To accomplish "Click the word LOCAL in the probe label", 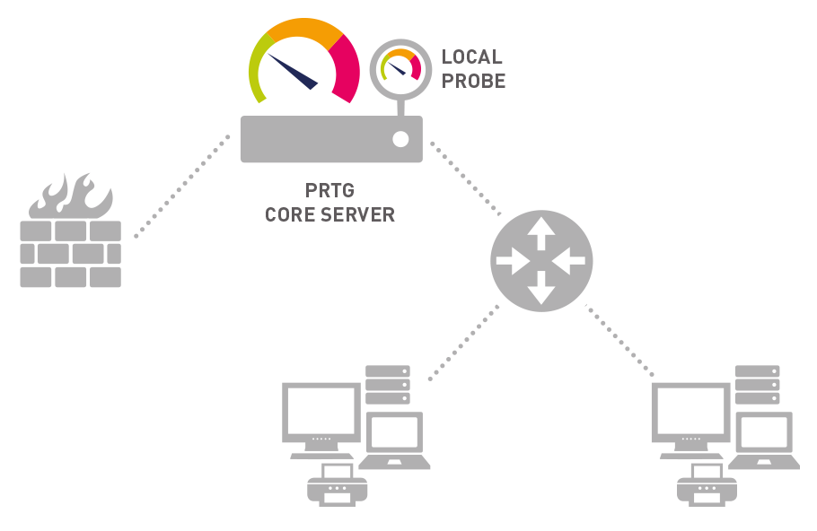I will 471,57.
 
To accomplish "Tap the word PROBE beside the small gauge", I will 473,81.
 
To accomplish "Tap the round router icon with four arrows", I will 541,261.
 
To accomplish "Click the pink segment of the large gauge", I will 347,71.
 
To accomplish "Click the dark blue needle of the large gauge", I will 293,72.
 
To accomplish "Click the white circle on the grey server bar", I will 400,139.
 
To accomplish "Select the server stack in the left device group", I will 387,384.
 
